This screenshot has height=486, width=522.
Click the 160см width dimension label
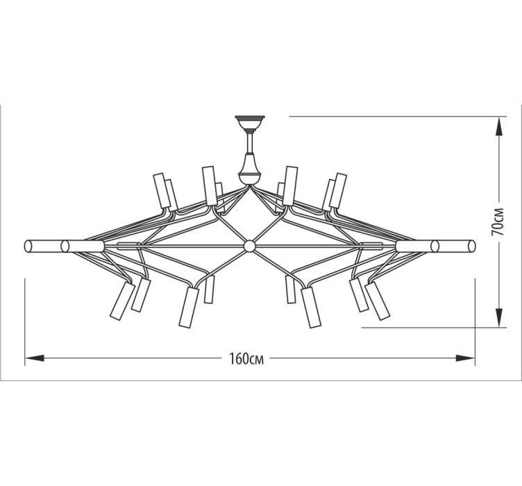[x=246, y=358]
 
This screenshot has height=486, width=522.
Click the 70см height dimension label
[x=498, y=221]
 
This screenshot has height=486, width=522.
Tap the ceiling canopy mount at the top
[x=250, y=123]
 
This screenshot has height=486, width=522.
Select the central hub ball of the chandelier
[x=249, y=246]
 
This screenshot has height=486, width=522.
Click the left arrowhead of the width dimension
[x=35, y=358]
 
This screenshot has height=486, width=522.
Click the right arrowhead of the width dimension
[x=465, y=358]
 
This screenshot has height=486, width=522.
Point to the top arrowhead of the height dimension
[x=498, y=126]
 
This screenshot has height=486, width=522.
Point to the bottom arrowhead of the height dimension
[x=498, y=317]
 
